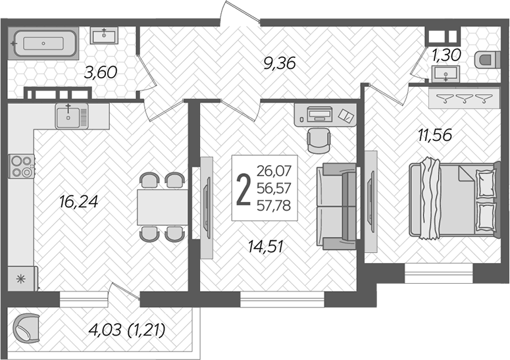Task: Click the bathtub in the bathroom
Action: [43, 43]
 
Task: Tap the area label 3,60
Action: [101, 72]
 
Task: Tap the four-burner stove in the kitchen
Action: [21, 166]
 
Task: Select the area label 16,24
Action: [78, 203]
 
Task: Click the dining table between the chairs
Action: [162, 207]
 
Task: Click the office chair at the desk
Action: [319, 140]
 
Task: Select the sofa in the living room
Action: [336, 207]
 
